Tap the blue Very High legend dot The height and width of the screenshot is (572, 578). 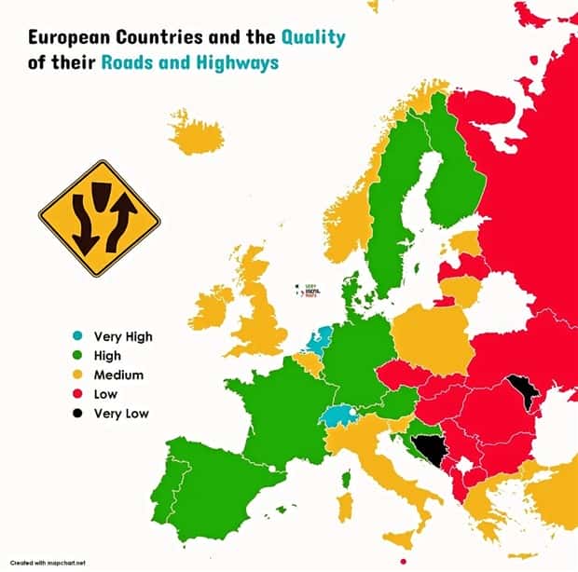click(79, 336)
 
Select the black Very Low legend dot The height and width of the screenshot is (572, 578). click(79, 413)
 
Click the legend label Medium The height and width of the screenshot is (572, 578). click(117, 375)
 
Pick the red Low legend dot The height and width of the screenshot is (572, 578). click(79, 394)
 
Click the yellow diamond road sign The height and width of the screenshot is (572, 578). click(99, 223)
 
